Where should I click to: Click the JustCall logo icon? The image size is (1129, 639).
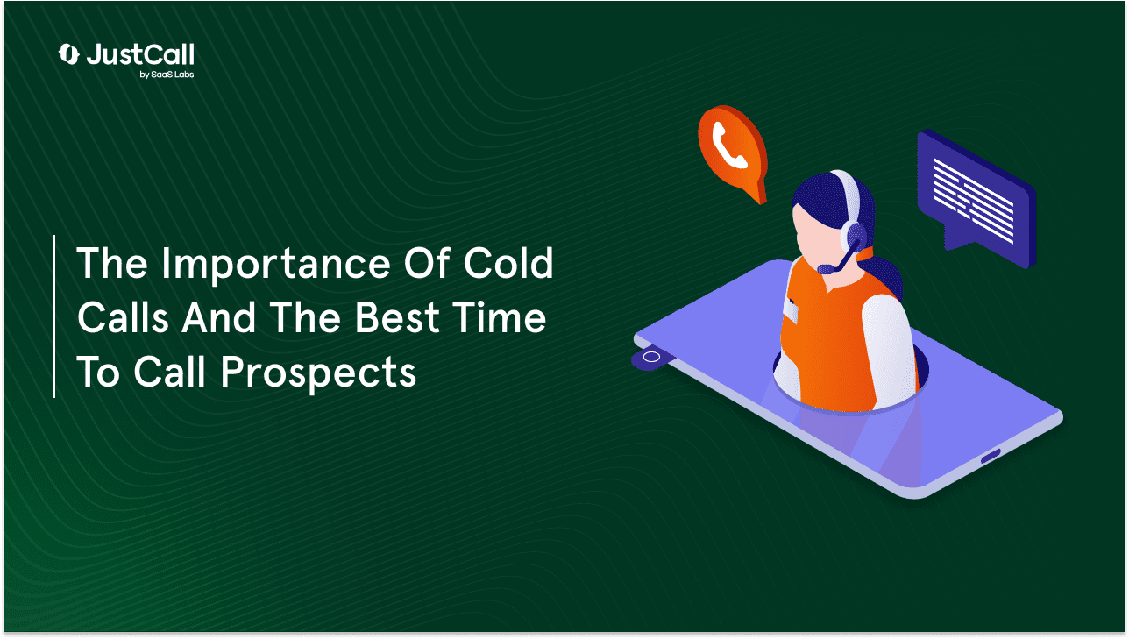68,54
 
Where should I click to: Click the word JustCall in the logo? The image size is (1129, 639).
140,54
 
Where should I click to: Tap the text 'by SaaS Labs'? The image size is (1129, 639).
167,75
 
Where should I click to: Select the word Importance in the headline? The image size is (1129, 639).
276,265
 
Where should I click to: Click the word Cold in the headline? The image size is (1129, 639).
508,263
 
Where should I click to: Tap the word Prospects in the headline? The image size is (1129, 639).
318,373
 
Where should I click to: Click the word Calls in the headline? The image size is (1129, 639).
123,317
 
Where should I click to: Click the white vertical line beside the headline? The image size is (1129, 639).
54,316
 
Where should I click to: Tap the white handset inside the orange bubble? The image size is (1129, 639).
728,146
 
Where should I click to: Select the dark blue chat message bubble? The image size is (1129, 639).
976,198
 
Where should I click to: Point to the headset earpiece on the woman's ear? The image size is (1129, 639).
853,236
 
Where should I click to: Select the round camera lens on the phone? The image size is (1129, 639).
651,358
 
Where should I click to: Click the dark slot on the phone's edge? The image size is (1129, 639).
991,456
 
